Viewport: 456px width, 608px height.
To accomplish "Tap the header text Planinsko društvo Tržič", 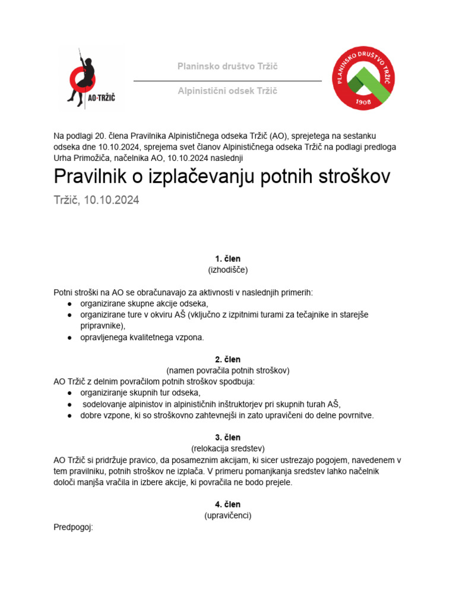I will point(227,66).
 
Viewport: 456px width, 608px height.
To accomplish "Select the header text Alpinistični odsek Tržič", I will point(227,91).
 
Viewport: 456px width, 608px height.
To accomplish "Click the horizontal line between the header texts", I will point(227,80).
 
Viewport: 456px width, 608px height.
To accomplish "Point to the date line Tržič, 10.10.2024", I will point(96,201).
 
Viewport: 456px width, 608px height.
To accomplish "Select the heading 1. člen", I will point(227,259).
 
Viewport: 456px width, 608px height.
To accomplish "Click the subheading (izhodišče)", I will point(227,270).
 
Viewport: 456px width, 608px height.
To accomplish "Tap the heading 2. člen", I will point(227,359).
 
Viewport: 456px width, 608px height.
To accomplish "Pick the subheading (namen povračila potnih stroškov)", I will point(227,370).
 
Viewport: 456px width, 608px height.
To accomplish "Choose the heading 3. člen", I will point(227,438).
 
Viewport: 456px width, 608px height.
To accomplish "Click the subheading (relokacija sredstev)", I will point(227,448).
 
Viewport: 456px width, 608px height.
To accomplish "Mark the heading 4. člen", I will point(227,505).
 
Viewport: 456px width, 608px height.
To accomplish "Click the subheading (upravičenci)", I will point(227,515).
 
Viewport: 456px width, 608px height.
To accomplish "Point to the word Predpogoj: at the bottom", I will point(74,527).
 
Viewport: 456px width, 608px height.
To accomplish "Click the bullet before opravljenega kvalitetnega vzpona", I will point(70,337).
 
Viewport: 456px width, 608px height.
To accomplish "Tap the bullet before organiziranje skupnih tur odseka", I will point(70,393).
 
